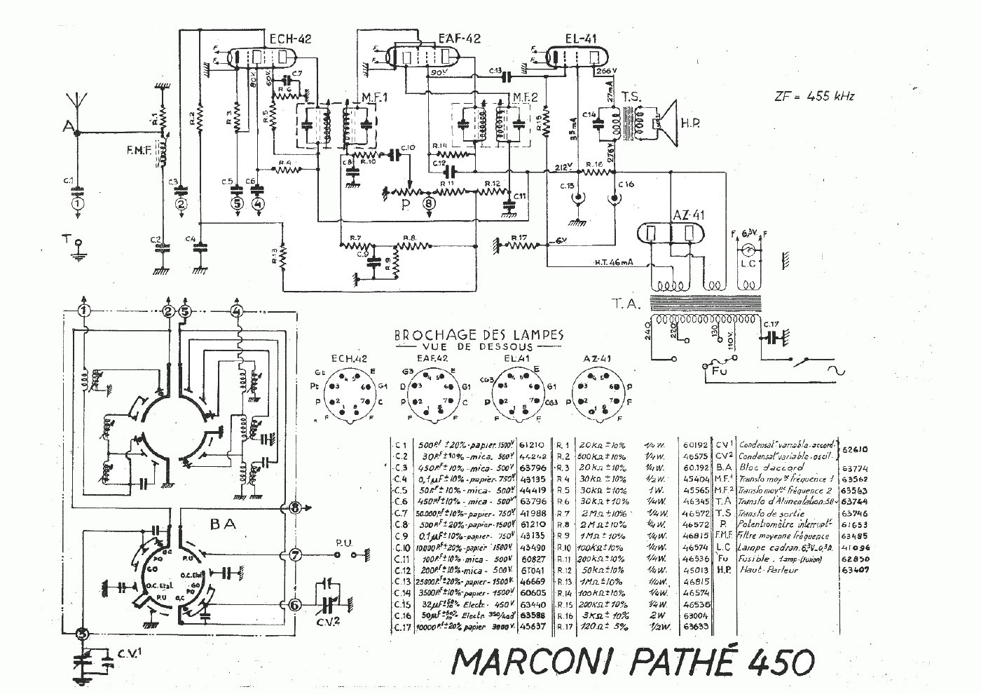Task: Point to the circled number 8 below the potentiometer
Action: (429, 203)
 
